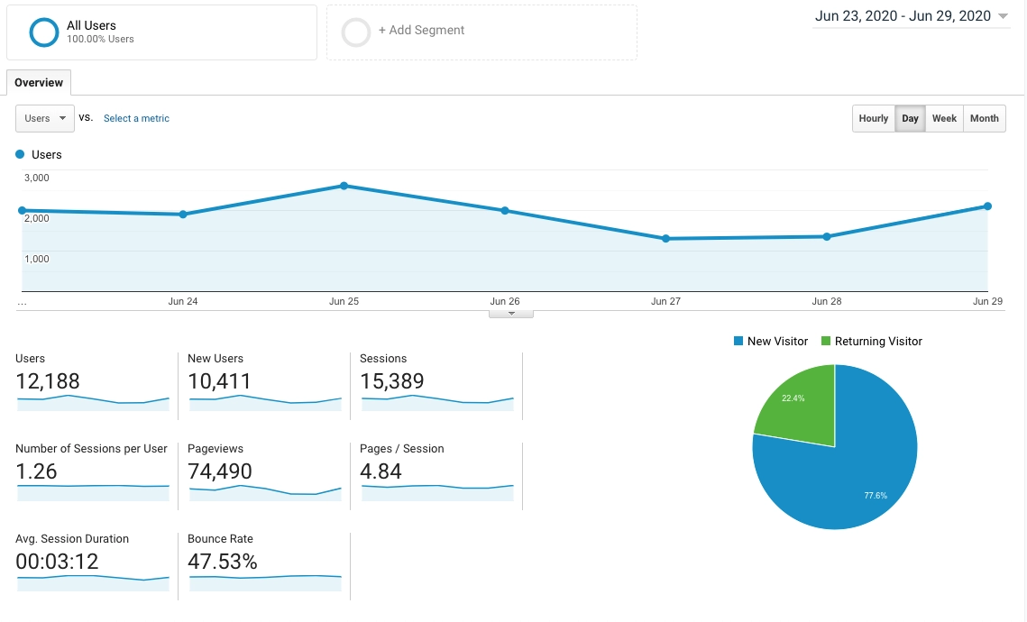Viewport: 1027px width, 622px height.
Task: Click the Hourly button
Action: (873, 118)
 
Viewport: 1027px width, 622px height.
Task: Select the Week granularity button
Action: (944, 118)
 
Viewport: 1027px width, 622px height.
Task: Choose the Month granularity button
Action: (984, 118)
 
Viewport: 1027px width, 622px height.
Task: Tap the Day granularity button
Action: (910, 118)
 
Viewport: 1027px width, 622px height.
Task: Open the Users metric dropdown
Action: (45, 118)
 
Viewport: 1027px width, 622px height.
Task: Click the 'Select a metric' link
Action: (136, 118)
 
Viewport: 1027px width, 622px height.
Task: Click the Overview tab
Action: (39, 83)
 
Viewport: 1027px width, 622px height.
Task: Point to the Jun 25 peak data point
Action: (344, 186)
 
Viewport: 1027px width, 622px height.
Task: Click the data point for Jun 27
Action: (665, 239)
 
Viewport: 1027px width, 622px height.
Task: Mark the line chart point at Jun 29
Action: (987, 206)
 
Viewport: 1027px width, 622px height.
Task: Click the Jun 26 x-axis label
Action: (504, 301)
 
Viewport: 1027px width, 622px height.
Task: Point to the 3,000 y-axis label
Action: (36, 178)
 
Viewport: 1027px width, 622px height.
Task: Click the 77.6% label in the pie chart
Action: (875, 495)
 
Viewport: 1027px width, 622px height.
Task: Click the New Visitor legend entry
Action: (773, 341)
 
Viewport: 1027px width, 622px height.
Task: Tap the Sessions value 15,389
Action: (391, 381)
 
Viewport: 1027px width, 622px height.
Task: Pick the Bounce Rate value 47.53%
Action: (222, 562)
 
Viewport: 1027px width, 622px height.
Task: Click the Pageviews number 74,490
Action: (220, 471)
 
